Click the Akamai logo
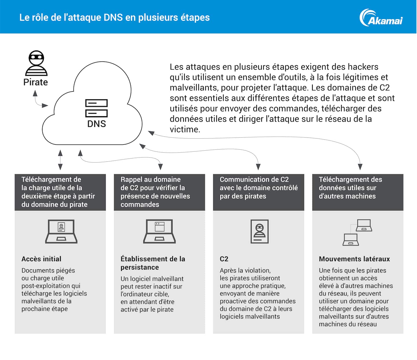[x=381, y=18]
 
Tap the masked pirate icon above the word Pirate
[x=36, y=63]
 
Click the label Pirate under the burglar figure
[x=36, y=82]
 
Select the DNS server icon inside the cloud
[x=96, y=108]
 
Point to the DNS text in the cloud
[x=96, y=124]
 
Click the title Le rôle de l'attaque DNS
[x=114, y=17]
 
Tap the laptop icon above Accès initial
[x=61, y=231]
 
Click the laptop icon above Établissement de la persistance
[x=160, y=231]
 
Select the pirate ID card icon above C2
[x=259, y=231]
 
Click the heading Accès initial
[x=41, y=259]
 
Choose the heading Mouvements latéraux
[x=354, y=259]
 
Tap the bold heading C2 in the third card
[x=224, y=259]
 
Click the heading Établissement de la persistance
[x=153, y=263]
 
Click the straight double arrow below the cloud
[x=60, y=160]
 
